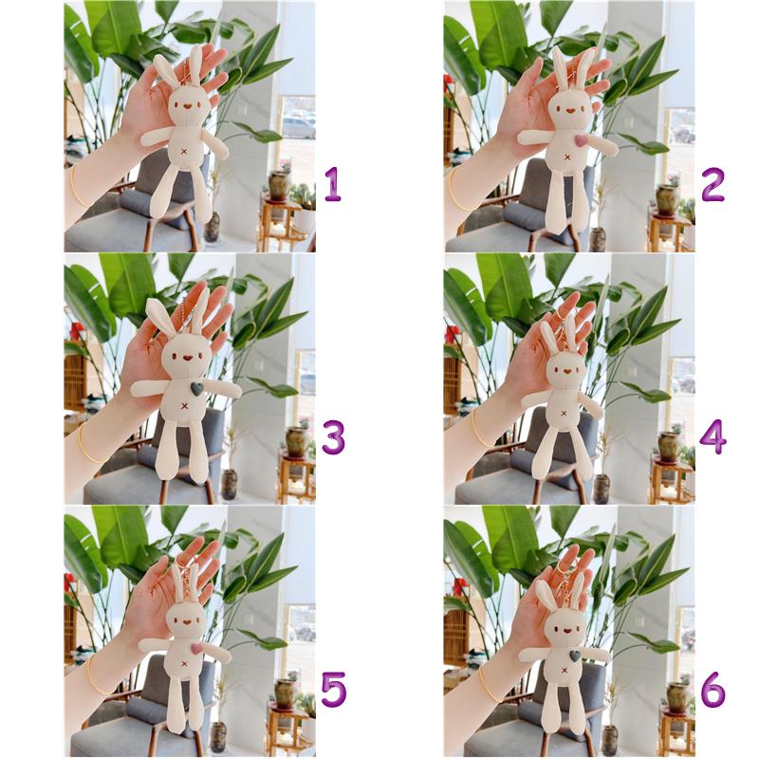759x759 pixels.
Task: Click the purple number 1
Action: [x=333, y=184]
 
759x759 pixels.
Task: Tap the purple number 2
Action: [x=713, y=184]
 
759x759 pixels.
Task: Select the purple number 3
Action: [x=333, y=437]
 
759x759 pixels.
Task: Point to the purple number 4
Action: [x=713, y=437]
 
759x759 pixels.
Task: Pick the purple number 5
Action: [x=334, y=689]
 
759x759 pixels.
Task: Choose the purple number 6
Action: [x=713, y=689]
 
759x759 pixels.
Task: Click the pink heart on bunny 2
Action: [x=580, y=140]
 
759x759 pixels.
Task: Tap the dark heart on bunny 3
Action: [x=197, y=388]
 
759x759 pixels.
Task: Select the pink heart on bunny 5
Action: [x=196, y=648]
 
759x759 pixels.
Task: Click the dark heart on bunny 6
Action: [x=575, y=656]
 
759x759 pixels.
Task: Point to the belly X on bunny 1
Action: [x=184, y=152]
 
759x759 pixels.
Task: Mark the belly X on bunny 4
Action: [x=564, y=413]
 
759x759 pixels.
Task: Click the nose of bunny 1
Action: [x=186, y=105]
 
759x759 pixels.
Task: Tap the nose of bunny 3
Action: [x=186, y=360]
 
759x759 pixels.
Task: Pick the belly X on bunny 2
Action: [x=566, y=157]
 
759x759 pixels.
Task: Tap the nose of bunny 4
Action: [x=565, y=372]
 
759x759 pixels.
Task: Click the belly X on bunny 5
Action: [x=183, y=663]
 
